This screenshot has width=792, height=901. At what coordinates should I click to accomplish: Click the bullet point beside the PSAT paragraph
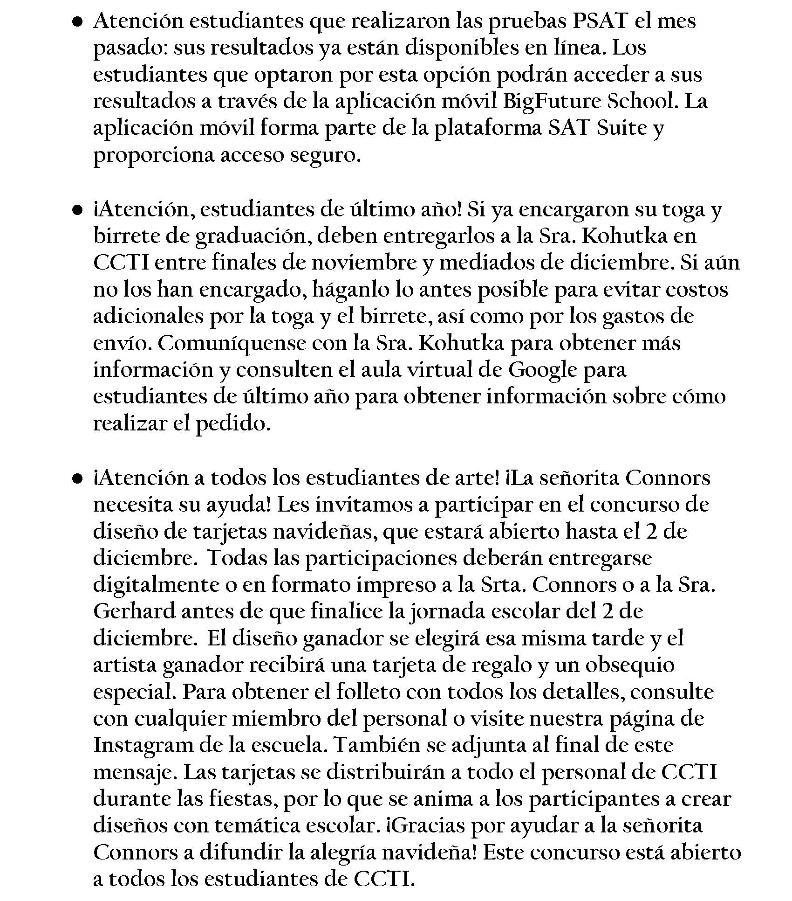click(x=78, y=21)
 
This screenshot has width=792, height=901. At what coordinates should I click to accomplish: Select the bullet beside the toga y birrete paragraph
click(x=78, y=210)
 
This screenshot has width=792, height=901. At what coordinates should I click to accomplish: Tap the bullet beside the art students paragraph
click(x=78, y=478)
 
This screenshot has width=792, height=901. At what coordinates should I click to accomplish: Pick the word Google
click(x=543, y=370)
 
